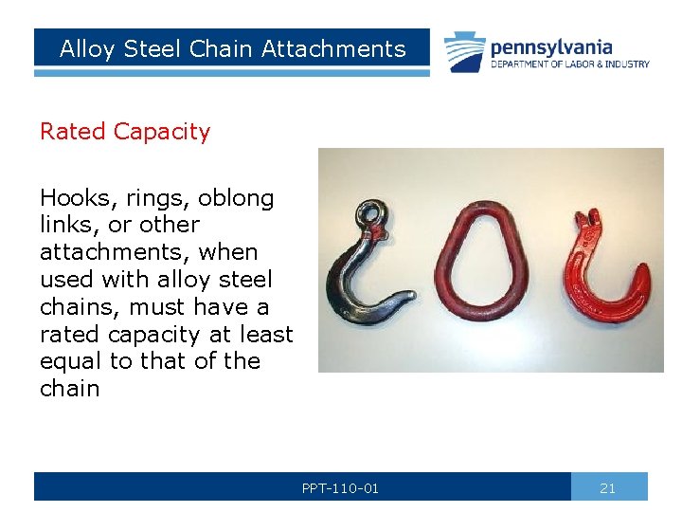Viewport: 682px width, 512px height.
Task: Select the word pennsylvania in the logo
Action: [550, 46]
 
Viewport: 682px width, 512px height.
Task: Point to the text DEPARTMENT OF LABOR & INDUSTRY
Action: [569, 64]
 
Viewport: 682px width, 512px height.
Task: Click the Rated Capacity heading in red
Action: [124, 131]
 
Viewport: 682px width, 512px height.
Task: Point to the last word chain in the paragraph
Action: [69, 389]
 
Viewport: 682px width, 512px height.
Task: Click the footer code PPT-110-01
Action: [340, 488]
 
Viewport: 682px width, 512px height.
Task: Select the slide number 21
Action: [608, 488]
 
